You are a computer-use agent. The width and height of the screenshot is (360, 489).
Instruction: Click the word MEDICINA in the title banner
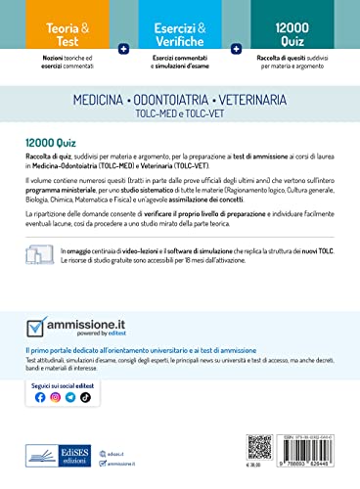(105, 100)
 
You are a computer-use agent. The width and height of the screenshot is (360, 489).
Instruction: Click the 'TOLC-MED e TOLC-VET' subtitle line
(181, 113)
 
